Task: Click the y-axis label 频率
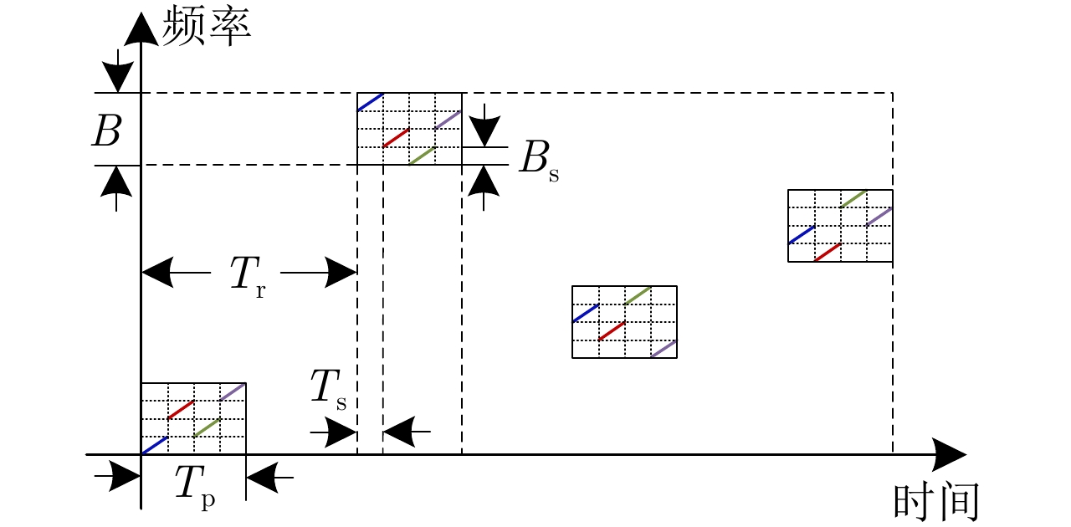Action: [207, 25]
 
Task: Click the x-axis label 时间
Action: [936, 502]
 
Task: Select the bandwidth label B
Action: [106, 130]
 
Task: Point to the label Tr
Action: [248, 276]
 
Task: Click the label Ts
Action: [328, 390]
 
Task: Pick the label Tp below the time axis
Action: [194, 485]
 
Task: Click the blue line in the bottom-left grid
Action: [155, 446]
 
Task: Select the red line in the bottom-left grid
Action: [181, 410]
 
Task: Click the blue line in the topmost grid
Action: [371, 102]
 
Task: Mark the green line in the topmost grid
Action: [423, 156]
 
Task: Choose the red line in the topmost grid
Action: [397, 138]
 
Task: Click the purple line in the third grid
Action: [664, 349]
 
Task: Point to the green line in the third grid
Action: [638, 295]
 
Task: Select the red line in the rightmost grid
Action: [828, 252]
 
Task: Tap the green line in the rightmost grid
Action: [853, 198]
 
